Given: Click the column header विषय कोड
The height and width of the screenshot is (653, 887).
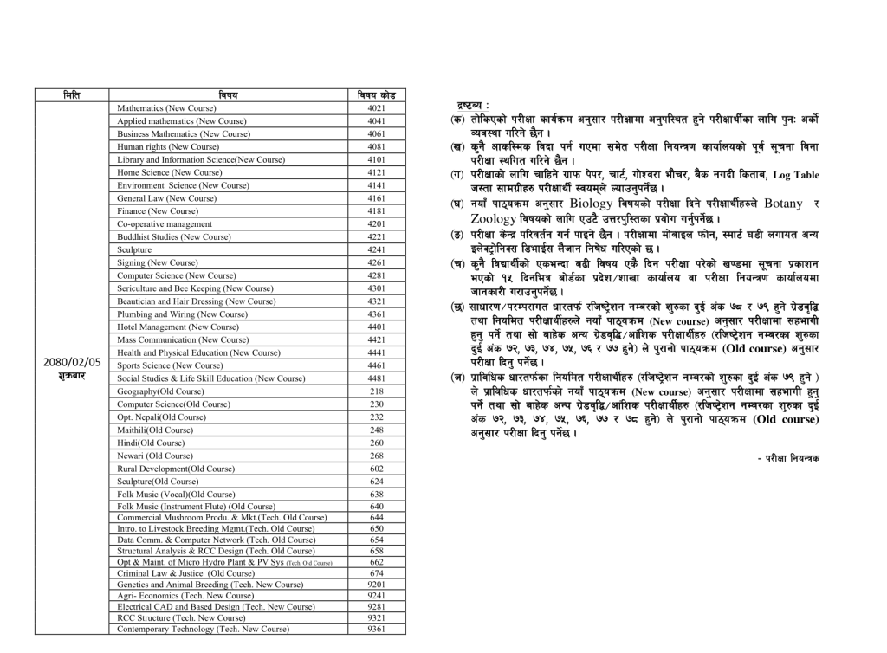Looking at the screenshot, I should [376, 95].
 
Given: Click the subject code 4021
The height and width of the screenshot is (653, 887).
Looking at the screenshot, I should [376, 108].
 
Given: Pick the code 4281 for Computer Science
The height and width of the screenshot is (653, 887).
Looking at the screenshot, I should [376, 275].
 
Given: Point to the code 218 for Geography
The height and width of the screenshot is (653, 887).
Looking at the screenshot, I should [376, 391].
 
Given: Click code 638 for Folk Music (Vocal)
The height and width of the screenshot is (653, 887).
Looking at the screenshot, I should [376, 494].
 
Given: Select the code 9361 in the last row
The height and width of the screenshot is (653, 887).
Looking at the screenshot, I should [376, 629].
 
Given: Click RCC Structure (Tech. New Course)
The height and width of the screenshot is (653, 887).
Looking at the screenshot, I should [182, 618].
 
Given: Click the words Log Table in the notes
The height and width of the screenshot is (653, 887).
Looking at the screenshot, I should [795, 175].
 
